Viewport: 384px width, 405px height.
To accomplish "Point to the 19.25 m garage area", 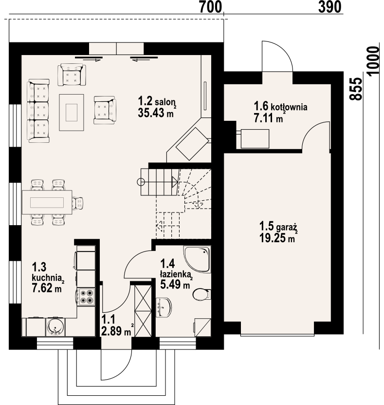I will coord(277,238).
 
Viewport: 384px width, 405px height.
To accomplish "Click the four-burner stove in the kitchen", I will coord(87,297).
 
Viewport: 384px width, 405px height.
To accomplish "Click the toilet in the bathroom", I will coord(201,295).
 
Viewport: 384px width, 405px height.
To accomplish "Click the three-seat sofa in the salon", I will coord(38,111).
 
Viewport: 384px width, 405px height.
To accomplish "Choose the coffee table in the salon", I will coord(72,112).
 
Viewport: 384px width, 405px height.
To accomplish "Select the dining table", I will coord(47,202).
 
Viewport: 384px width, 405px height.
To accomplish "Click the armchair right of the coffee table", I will coord(105,109).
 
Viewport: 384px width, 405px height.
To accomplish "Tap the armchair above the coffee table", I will coord(72,75).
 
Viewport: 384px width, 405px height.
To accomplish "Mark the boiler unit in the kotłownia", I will coord(253,138).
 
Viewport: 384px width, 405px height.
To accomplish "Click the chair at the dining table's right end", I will coord(78,202).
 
